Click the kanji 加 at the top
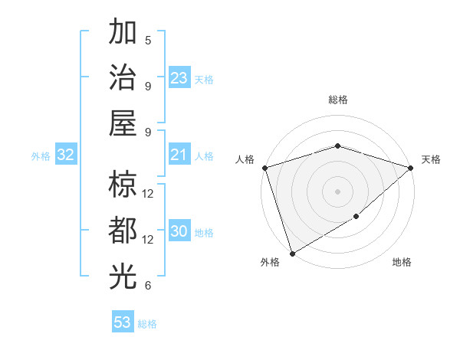[123, 34]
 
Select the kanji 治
[123, 79]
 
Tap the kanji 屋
[123, 123]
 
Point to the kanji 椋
[123, 185]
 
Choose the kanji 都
[123, 232]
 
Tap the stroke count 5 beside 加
[148, 40]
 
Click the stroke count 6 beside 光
[148, 286]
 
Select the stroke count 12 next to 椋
[148, 193]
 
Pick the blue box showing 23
[179, 78]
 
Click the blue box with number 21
[179, 155]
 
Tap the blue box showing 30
[179, 231]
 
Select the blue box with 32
[65, 155]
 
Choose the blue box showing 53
[123, 322]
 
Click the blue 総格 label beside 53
[147, 323]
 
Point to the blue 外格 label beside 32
[41, 156]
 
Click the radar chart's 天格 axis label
[432, 159]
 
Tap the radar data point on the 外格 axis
[292, 253]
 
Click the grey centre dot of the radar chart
[337, 191]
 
